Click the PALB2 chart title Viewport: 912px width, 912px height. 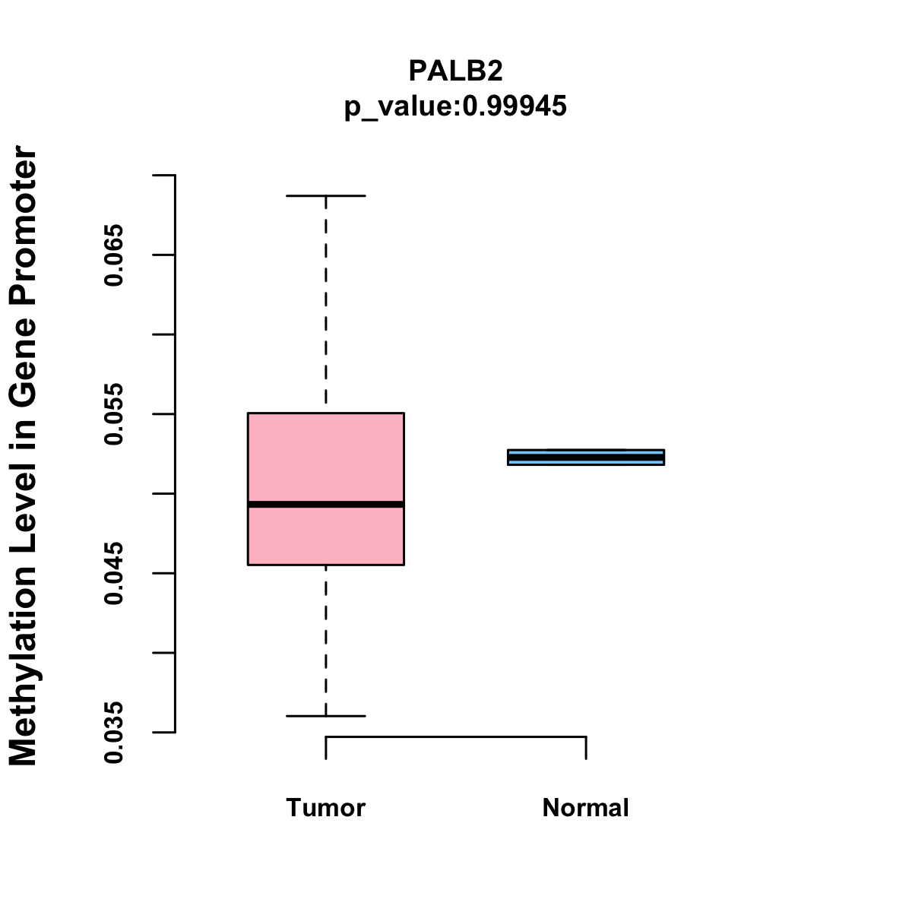pyautogui.click(x=455, y=71)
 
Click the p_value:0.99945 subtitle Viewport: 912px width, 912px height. pyautogui.click(x=455, y=106)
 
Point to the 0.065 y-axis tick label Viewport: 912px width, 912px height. pyautogui.click(x=114, y=255)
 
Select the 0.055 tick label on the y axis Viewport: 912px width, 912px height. pyautogui.click(x=114, y=414)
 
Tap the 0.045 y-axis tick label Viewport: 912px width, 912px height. pyautogui.click(x=114, y=573)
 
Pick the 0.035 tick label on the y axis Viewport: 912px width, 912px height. pyautogui.click(x=114, y=732)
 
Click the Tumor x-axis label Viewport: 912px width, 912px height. pyautogui.click(x=326, y=807)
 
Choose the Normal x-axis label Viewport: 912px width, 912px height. pyautogui.click(x=586, y=807)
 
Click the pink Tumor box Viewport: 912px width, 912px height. pyautogui.click(x=326, y=456)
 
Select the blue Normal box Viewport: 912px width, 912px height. pyautogui.click(x=586, y=457)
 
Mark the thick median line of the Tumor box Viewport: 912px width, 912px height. pyautogui.click(x=326, y=504)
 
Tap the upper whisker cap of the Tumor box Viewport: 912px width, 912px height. pyautogui.click(x=326, y=196)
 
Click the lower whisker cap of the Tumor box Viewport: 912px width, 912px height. pyautogui.click(x=326, y=716)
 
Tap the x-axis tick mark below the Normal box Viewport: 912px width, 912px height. pyautogui.click(x=586, y=748)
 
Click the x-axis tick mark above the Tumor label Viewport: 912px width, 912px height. pyautogui.click(x=326, y=748)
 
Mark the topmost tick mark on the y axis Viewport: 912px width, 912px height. pyautogui.click(x=164, y=175)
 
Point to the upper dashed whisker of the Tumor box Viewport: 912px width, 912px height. pyautogui.click(x=326, y=304)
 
